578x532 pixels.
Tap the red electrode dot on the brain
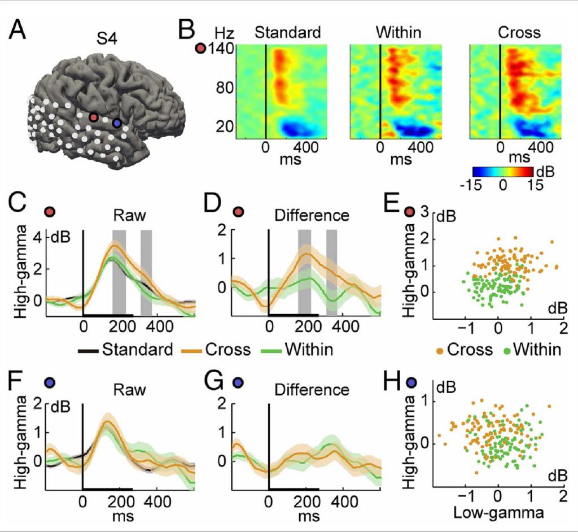[x=94, y=117]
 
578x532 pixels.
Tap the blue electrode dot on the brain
[x=117, y=123]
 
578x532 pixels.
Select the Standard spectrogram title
[x=288, y=33]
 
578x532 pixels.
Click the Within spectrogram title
[x=399, y=33]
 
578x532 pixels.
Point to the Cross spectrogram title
[x=519, y=33]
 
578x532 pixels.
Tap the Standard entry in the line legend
[x=137, y=350]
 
